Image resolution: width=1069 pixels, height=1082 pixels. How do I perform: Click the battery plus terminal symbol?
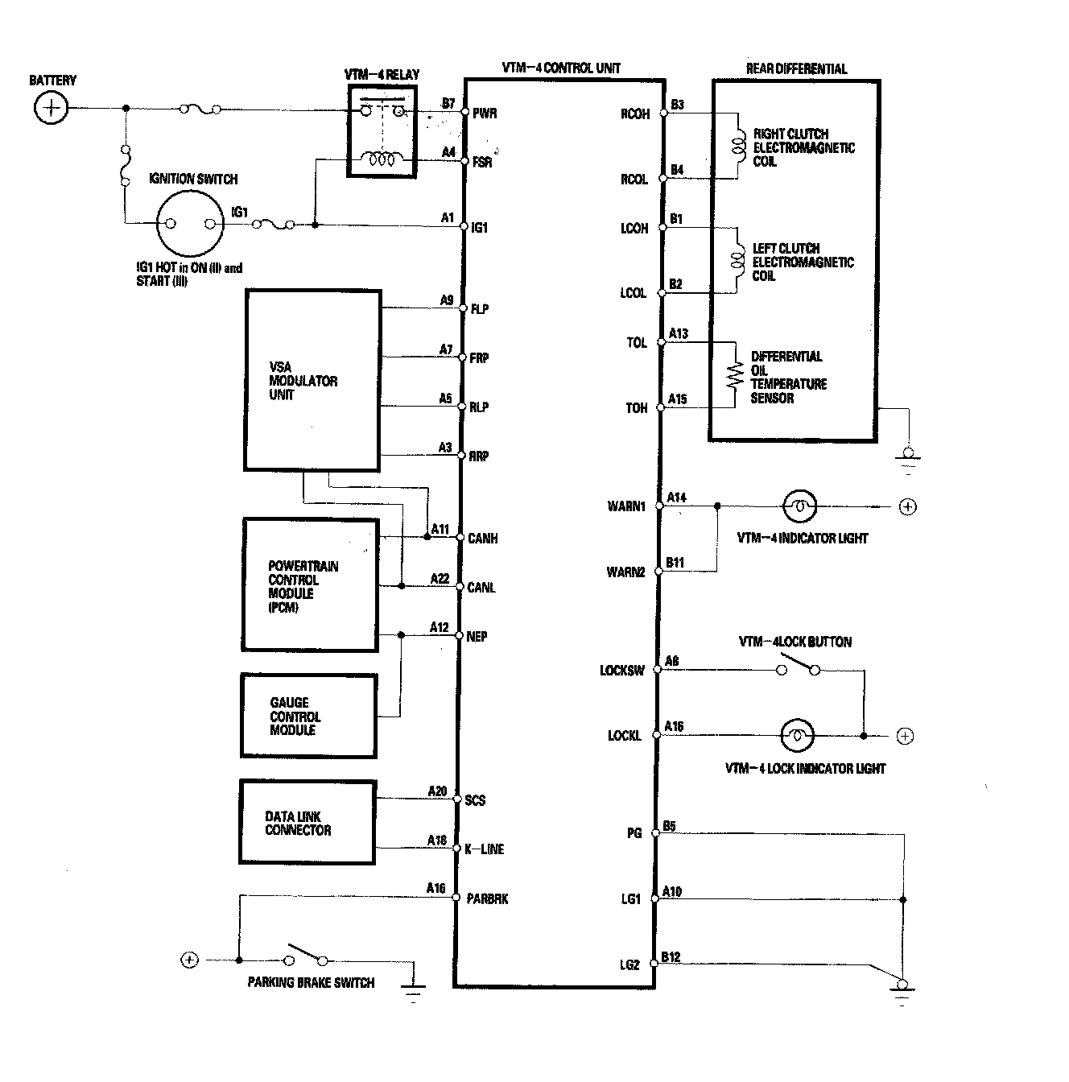51,108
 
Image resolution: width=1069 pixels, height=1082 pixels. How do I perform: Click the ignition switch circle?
188,225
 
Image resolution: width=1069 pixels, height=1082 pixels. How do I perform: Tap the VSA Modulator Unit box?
312,381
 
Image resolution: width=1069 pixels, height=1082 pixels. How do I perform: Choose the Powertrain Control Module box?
311,585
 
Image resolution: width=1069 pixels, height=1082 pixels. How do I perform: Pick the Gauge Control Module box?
308,716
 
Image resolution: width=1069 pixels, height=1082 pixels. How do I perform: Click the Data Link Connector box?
307,822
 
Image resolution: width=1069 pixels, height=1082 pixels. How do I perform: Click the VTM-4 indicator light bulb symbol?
799,506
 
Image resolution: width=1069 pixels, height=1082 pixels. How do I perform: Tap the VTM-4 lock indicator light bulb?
797,735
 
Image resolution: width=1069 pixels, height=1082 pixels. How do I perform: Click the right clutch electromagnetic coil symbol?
737,146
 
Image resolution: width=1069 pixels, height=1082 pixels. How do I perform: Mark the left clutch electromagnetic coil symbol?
737,260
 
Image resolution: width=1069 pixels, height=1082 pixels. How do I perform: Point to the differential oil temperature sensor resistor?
734,375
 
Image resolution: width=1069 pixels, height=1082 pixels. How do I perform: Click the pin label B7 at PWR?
448,104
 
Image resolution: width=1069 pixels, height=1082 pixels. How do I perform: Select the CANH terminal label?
483,539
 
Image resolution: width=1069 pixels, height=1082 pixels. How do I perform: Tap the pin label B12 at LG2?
671,957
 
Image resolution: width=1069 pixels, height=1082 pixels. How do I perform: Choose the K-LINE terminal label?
485,849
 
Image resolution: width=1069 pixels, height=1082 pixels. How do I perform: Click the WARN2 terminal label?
626,572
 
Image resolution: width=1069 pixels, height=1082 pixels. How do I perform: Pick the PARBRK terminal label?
488,898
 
